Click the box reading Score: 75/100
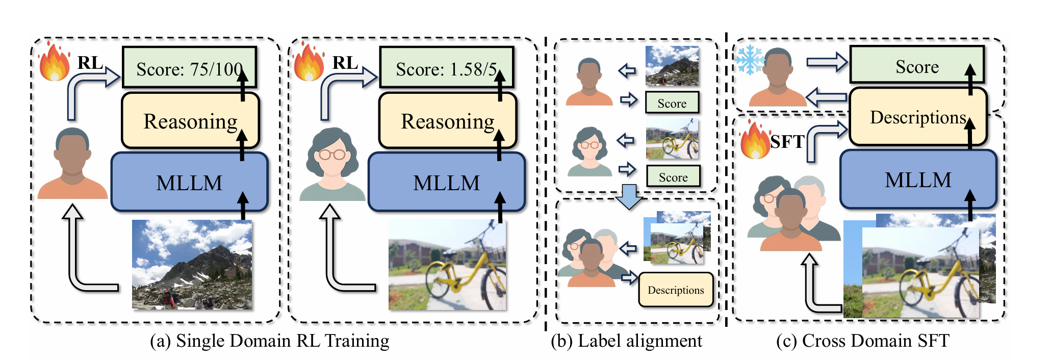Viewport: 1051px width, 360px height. click(189, 68)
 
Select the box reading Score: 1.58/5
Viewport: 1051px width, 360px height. click(447, 68)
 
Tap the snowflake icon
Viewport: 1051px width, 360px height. click(750, 60)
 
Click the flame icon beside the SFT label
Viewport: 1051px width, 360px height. click(755, 140)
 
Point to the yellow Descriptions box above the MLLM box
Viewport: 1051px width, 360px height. click(918, 117)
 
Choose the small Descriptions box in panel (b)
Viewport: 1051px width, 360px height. click(676, 290)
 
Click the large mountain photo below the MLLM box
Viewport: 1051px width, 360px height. click(192, 264)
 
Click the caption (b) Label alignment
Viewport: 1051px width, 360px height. click(626, 341)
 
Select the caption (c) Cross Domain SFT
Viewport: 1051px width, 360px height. click(862, 341)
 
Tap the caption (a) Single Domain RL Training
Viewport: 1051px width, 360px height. click(269, 341)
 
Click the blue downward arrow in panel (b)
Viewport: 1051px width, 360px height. click(629, 197)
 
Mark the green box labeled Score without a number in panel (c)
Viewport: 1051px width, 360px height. click(917, 65)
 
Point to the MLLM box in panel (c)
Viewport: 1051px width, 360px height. click(918, 179)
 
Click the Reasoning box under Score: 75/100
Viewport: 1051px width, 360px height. click(190, 121)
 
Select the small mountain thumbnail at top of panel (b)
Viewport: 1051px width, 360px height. click(672, 66)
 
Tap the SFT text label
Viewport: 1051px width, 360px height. click(787, 141)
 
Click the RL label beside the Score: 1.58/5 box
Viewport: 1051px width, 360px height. click(345, 62)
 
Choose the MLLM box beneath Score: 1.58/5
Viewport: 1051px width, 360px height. click(447, 182)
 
